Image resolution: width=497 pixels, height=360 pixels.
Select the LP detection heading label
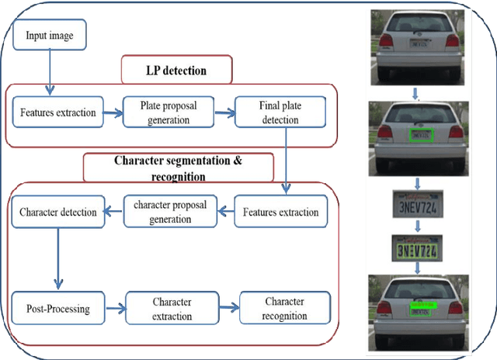(176, 71)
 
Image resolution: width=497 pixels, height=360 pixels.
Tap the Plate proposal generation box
(169, 112)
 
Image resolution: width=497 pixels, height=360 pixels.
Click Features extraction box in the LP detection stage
(58, 113)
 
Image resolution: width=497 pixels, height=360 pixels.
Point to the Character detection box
(57, 212)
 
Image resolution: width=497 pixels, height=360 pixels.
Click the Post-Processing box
(58, 308)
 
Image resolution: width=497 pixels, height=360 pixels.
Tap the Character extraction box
(172, 308)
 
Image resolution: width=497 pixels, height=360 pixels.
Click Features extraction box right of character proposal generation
(280, 212)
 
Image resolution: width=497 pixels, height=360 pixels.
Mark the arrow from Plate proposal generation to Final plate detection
(224, 112)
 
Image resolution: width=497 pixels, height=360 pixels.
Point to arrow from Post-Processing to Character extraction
(116, 309)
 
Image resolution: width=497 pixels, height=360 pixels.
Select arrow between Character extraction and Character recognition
(228, 308)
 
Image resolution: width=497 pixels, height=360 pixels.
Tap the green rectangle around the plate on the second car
(422, 135)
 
